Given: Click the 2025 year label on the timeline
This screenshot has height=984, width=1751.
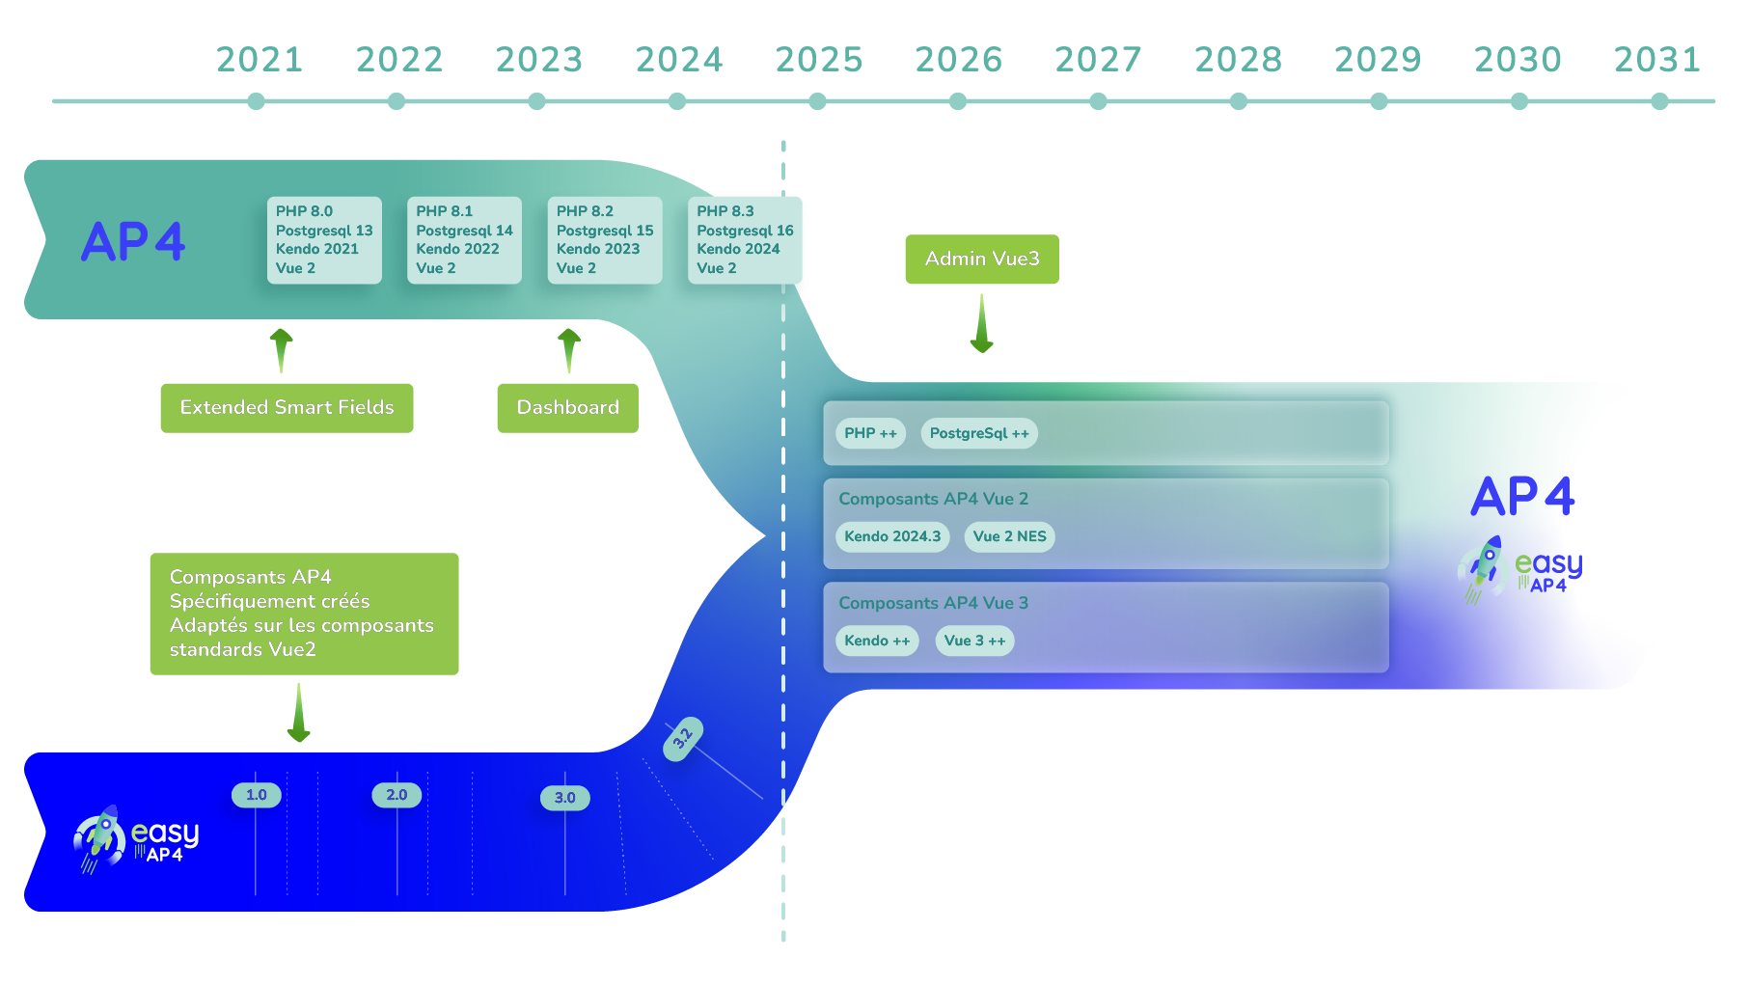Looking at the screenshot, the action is pos(818,60).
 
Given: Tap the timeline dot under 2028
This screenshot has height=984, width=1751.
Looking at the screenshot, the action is pos(1239,101).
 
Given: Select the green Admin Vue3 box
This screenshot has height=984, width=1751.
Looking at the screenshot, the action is pos(982,259).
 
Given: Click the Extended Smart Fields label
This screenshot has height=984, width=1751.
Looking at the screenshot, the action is pos(287,408).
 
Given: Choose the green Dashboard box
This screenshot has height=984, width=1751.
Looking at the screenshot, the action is pos(568,408).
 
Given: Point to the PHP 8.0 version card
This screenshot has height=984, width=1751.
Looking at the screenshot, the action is pos(324,240).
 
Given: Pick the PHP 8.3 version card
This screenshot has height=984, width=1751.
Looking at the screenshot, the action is pos(745,240).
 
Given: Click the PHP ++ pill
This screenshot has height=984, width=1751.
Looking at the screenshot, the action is pos(870,433).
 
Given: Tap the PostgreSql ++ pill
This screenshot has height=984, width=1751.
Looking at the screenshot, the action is pos(979,433).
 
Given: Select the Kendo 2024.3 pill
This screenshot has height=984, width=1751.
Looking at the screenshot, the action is pos(892,536).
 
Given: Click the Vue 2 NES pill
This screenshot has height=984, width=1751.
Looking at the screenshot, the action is pos(1009,536).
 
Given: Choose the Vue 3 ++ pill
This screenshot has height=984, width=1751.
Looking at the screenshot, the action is pos(974,641).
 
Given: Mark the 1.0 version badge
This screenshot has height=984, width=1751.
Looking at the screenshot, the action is pos(257,795).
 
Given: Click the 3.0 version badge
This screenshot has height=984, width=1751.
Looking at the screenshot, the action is pos(565,798).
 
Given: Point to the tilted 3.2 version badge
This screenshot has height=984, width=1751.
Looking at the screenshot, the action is pos(683,739).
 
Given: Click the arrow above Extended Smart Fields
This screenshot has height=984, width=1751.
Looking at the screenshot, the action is pos(282,350).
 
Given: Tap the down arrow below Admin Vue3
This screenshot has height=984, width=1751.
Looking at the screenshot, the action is pos(982,323).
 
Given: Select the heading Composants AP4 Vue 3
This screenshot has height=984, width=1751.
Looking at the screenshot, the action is pos(933,603).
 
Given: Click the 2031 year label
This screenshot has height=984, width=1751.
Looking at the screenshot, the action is pos(1657,60).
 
